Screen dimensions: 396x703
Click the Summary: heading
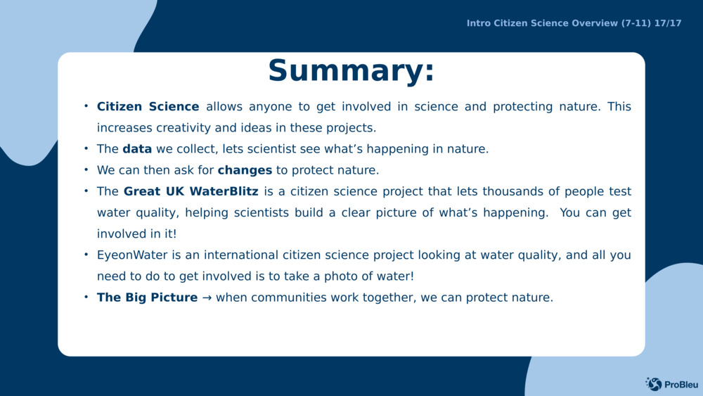tap(351, 71)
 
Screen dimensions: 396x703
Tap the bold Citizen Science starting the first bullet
tap(148, 107)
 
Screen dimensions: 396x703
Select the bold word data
tap(137, 149)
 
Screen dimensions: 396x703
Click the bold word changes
tap(245, 170)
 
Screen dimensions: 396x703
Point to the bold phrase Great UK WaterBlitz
tap(191, 191)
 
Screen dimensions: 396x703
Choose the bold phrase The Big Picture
tap(147, 298)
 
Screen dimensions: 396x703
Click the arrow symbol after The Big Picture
tap(207, 298)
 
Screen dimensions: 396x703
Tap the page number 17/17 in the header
tap(667, 23)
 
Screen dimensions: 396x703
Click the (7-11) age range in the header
tap(636, 23)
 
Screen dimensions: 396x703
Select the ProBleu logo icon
tap(653, 383)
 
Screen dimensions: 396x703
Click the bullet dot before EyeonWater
tap(86, 254)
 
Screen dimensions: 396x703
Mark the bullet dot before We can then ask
tap(86, 170)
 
